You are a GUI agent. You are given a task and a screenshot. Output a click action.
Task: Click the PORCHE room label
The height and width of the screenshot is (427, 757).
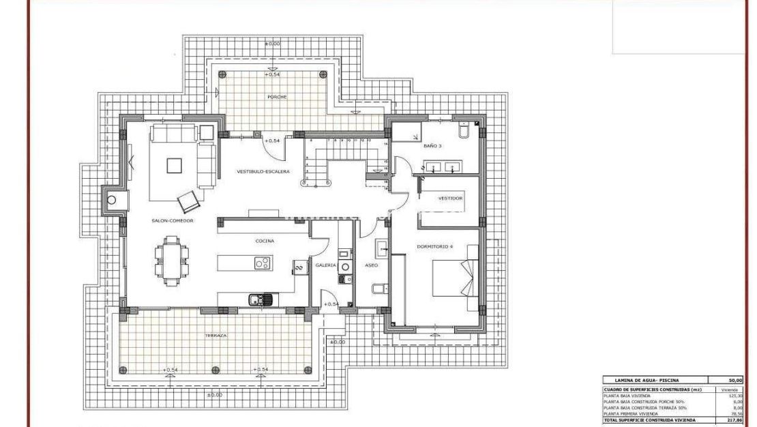(x=277, y=97)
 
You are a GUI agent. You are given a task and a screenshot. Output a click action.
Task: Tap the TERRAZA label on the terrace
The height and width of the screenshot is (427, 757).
(x=214, y=336)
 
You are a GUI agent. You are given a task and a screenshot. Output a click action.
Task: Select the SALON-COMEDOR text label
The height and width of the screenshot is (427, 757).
(x=173, y=221)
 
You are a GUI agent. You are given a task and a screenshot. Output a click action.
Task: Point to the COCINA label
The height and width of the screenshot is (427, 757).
(x=265, y=241)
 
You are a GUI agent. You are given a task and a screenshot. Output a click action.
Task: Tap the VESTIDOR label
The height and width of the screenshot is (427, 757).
(x=450, y=198)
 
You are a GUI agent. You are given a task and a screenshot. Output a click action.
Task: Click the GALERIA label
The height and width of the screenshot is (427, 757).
(x=325, y=265)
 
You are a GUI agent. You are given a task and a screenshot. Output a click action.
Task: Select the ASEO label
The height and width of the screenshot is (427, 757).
(x=371, y=265)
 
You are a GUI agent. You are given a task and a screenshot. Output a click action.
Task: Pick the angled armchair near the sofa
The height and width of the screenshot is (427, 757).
(x=189, y=201)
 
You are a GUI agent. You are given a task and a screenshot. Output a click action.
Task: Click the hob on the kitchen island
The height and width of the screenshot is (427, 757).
(x=262, y=263)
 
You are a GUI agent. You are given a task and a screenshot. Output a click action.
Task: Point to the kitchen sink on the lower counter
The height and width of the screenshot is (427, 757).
(x=260, y=298)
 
